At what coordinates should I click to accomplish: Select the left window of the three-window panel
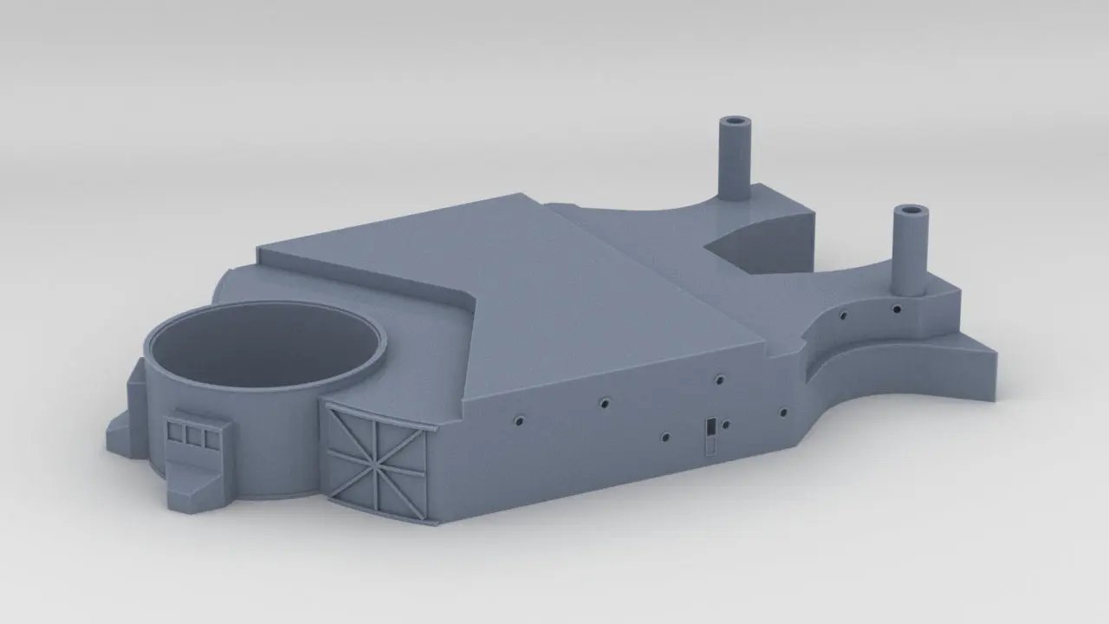coord(177,430)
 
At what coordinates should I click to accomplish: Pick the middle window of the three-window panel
coord(194,435)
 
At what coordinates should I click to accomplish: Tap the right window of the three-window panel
coord(211,440)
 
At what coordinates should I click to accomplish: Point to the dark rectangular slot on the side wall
coord(710,426)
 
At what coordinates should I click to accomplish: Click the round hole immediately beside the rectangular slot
coord(726,425)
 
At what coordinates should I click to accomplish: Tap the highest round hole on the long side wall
coord(719,379)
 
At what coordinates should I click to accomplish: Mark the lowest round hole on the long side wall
coord(665,437)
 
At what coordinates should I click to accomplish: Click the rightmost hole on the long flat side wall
coord(783,413)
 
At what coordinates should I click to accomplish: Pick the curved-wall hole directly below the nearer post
coord(896,308)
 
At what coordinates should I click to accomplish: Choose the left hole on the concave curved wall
coord(840,315)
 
